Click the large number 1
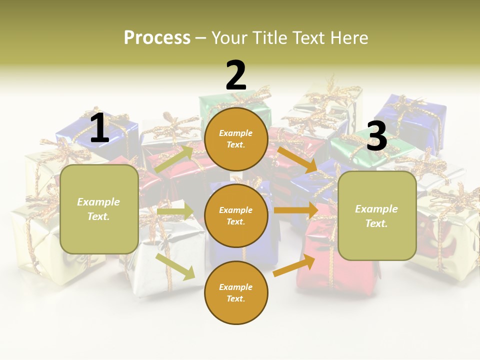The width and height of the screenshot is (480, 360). tap(99, 128)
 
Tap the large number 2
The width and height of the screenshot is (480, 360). tap(236, 75)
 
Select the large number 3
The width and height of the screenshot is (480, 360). tap(376, 136)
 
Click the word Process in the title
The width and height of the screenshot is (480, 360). tap(157, 37)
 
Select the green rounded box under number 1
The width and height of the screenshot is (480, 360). tap(99, 209)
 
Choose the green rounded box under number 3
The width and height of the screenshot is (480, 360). tap(377, 215)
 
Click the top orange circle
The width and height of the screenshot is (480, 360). tap(236, 139)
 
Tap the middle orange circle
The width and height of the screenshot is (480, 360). tap(236, 215)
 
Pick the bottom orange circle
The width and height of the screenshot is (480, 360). tap(236, 292)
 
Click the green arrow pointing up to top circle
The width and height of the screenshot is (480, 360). tap(173, 159)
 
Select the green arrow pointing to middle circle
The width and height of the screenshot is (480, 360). tap(175, 211)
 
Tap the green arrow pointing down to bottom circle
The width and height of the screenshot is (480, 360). tap(175, 266)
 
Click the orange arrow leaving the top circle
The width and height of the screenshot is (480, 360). tap(298, 159)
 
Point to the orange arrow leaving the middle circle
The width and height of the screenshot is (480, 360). tap(296, 210)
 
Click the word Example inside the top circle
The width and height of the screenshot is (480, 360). tap(236, 133)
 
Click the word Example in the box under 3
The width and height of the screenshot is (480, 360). tap(376, 209)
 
